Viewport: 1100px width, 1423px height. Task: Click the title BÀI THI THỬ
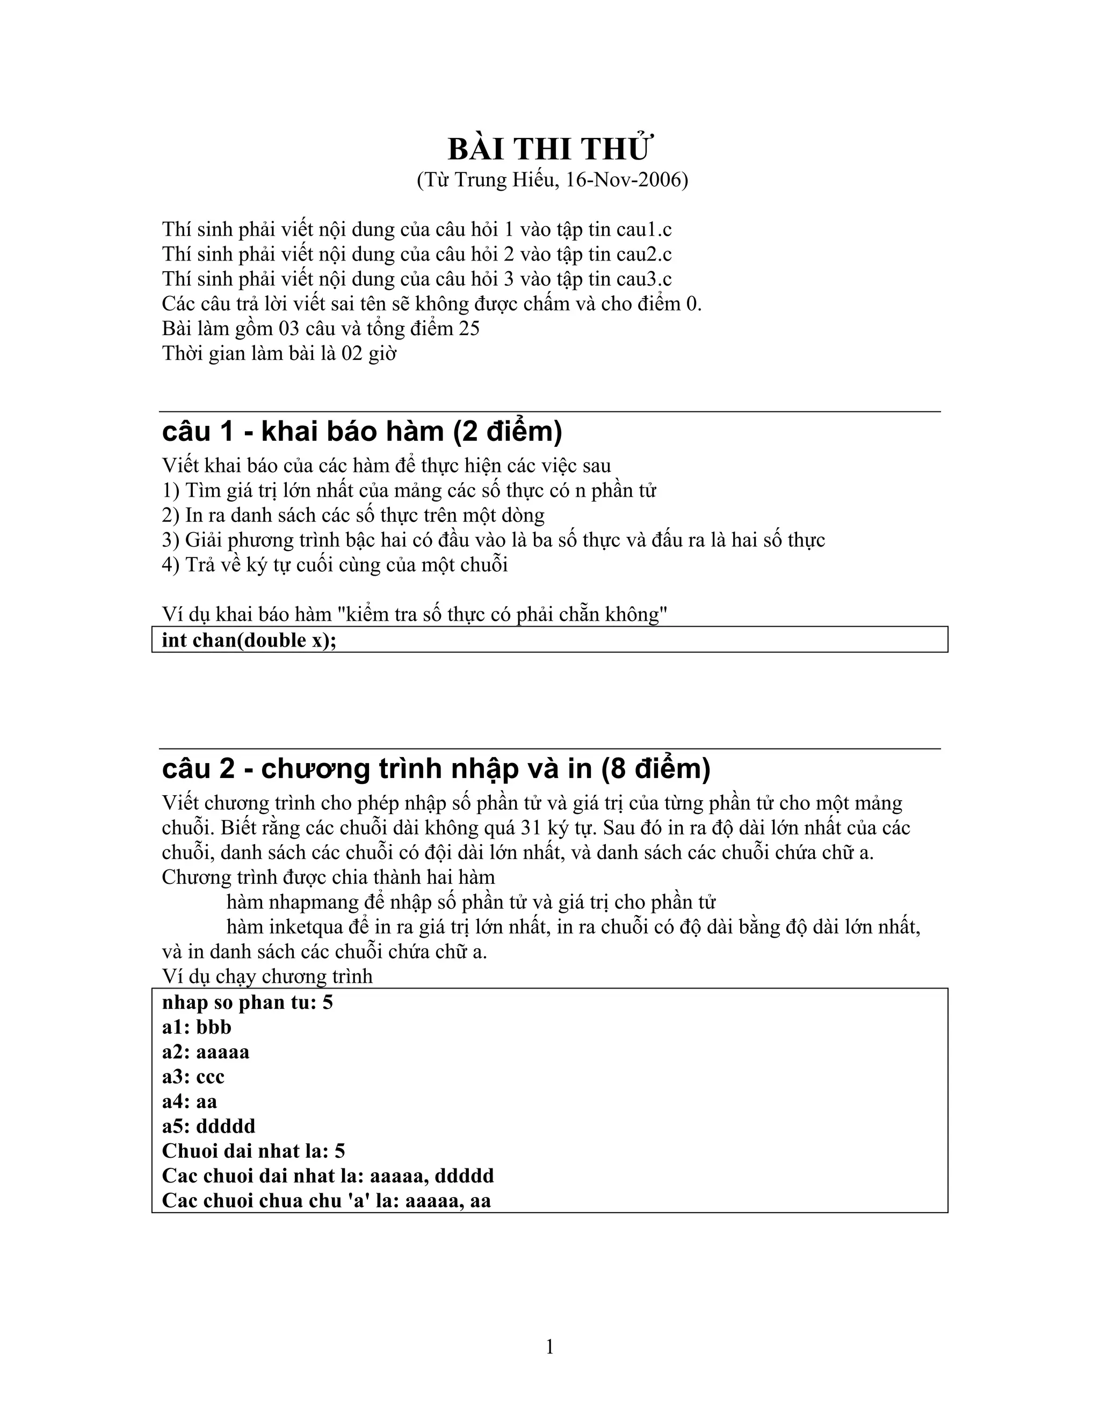[x=549, y=149]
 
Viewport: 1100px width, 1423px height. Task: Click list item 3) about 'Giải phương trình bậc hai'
[x=493, y=540]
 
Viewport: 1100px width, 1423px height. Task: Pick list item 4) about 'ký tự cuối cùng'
[x=335, y=564]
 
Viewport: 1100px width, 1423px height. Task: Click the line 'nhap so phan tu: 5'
[x=248, y=1002]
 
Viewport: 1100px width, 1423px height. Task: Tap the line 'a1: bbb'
[x=197, y=1027]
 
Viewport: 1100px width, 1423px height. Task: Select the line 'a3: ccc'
[x=193, y=1076]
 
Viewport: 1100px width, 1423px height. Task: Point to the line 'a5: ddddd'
[x=208, y=1126]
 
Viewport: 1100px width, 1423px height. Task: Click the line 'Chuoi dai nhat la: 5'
[x=254, y=1151]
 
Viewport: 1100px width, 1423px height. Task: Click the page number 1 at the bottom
[x=549, y=1347]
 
